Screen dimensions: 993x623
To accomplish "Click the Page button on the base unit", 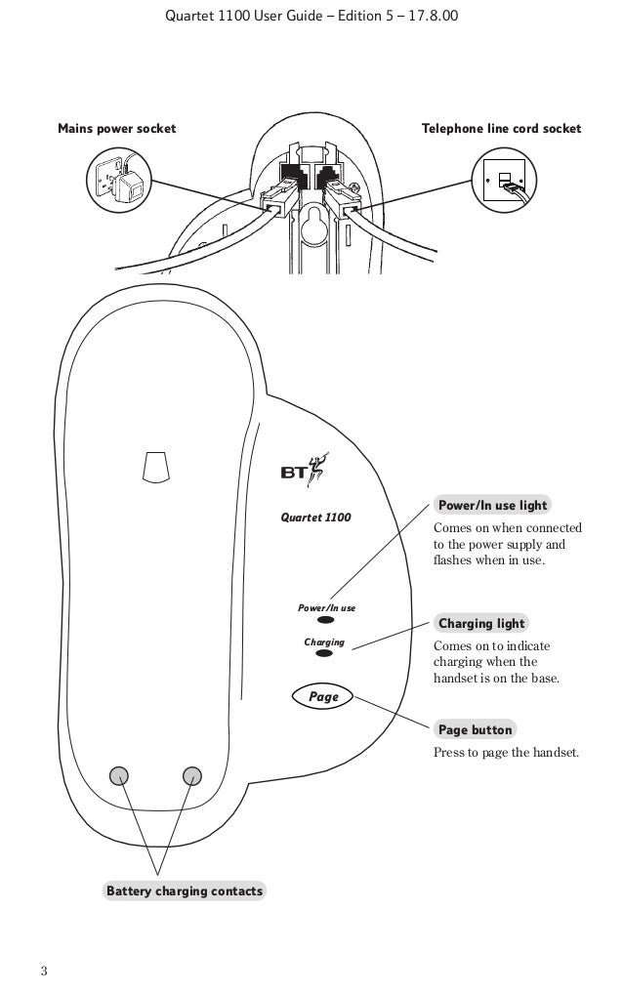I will click(x=322, y=697).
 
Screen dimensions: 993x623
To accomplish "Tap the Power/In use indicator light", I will click(x=326, y=620).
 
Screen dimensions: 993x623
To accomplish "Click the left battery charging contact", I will click(x=119, y=775).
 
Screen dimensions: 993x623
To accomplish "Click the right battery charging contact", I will click(x=191, y=775).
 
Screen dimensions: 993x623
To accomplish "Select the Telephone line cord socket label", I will click(x=500, y=129).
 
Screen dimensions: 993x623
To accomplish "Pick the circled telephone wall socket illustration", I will click(x=504, y=182).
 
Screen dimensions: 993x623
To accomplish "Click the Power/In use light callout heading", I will click(x=492, y=506).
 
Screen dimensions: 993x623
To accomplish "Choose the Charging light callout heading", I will click(x=481, y=623).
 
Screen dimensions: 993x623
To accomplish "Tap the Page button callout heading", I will click(x=475, y=729).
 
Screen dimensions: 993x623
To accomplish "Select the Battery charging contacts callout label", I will click(x=184, y=891).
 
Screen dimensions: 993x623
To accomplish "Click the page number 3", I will click(x=44, y=971).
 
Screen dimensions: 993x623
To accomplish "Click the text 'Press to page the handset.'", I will click(x=506, y=753).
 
